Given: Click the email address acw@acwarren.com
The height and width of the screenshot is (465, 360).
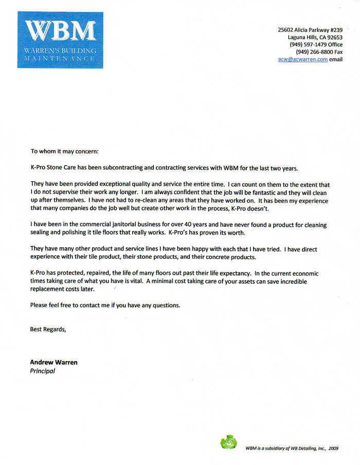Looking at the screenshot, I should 302,60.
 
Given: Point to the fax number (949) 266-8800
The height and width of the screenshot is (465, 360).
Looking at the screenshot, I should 312,52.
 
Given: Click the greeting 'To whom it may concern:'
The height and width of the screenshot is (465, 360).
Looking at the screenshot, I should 64,152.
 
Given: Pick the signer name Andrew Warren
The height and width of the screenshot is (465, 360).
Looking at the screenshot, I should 54,362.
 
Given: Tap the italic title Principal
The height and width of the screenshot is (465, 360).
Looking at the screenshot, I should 43,370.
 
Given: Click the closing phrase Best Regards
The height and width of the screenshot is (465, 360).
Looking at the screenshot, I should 48,329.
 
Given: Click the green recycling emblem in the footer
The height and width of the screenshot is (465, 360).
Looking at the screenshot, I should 228,442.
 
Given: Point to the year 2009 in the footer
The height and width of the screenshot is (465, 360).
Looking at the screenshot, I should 333,448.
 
